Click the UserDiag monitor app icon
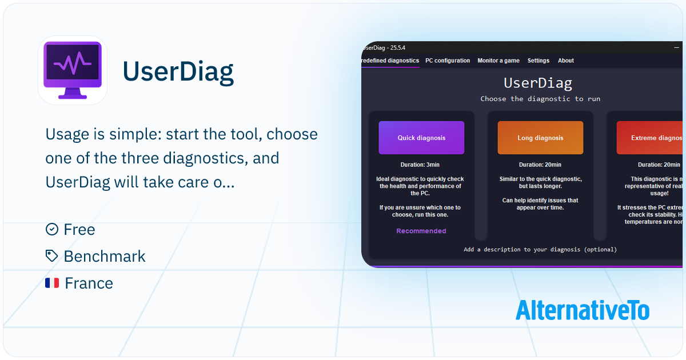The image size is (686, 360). coord(73,70)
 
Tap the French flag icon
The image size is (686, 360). coord(52,283)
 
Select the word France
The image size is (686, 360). coord(89,283)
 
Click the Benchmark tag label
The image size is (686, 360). coord(105,256)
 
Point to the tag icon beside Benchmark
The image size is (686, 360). coord(52,256)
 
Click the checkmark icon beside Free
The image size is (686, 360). coord(52,229)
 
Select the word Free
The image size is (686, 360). coord(79,229)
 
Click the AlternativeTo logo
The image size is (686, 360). coord(582,310)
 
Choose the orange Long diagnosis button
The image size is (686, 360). coord(540,138)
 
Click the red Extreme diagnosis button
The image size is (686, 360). coord(650,138)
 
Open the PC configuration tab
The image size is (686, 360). coord(448,61)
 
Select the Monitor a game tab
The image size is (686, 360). coord(498,61)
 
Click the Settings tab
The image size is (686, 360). coord(538,61)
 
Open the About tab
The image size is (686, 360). coord(565,61)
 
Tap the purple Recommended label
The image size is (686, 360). coord(421,231)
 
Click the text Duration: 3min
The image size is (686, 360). coord(421,165)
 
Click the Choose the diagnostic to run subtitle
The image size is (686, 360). coord(540,99)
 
